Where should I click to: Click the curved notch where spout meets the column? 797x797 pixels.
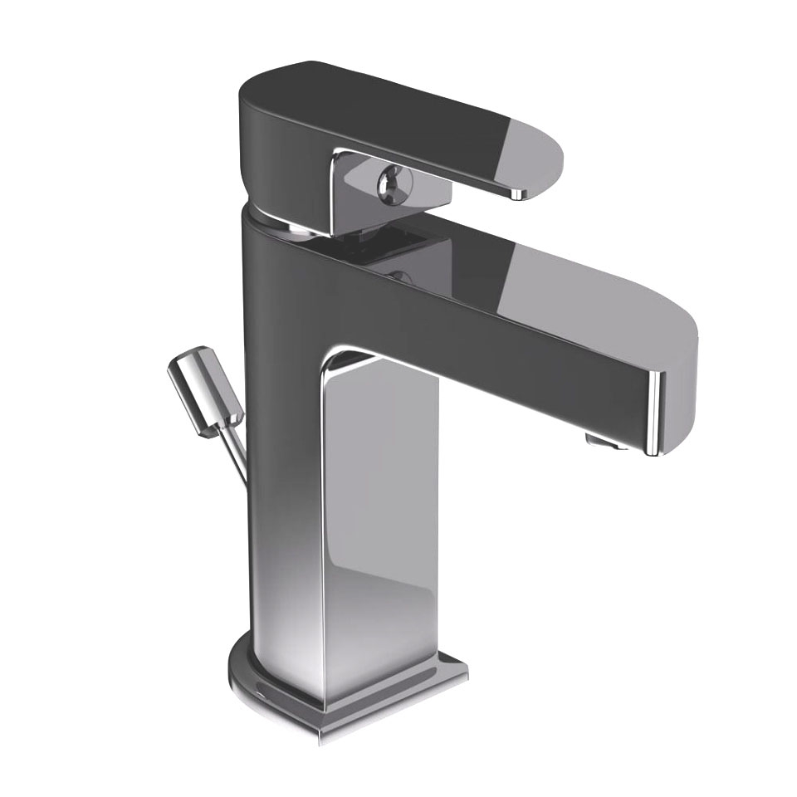click(x=349, y=359)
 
